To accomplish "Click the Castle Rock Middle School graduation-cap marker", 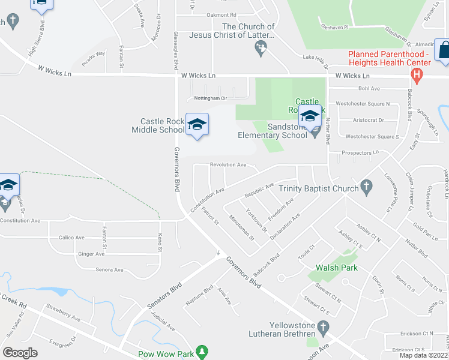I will point(197,125).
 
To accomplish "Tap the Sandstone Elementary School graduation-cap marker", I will point(310,116).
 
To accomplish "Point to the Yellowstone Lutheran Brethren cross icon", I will point(324,328).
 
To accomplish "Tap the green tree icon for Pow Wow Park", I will point(203,351).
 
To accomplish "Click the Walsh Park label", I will point(337,268).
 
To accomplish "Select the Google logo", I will point(20,352).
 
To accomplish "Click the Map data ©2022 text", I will point(424,355).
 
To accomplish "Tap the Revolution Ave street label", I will point(228,164).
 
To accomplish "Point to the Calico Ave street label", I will point(71,238).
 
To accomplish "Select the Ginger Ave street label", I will point(91,254).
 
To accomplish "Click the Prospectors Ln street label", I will point(360,153).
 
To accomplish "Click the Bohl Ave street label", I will point(369,89).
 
